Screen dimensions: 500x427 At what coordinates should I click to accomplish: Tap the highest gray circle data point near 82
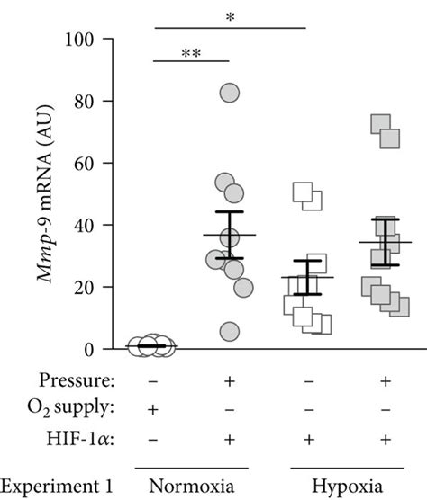coord(230,93)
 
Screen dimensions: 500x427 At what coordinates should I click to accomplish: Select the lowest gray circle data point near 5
coord(230,332)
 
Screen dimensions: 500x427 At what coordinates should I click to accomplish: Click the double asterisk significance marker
coord(191,53)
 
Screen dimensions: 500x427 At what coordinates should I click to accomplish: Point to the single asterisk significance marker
coord(231,19)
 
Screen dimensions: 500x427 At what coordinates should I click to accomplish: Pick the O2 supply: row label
coord(76,409)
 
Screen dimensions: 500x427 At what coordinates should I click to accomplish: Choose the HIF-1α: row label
coord(86,438)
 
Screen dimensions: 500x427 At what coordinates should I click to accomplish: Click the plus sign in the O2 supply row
coord(152,409)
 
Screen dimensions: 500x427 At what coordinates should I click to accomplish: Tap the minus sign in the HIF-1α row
coord(152,438)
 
